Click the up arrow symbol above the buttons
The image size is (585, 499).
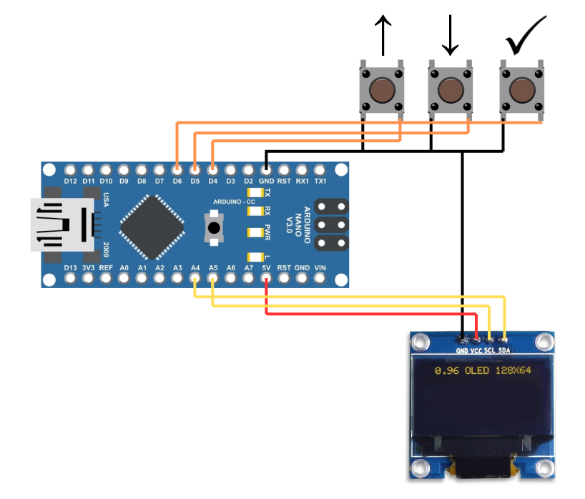click(383, 36)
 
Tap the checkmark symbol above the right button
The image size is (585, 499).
click(525, 36)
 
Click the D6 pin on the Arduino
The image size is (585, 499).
click(177, 171)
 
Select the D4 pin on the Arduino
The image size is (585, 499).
click(212, 171)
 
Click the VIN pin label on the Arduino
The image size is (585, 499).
click(320, 268)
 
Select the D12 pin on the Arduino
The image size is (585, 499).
click(69, 171)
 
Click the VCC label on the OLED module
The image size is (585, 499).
click(475, 351)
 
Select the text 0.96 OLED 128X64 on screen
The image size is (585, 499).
click(483, 371)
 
